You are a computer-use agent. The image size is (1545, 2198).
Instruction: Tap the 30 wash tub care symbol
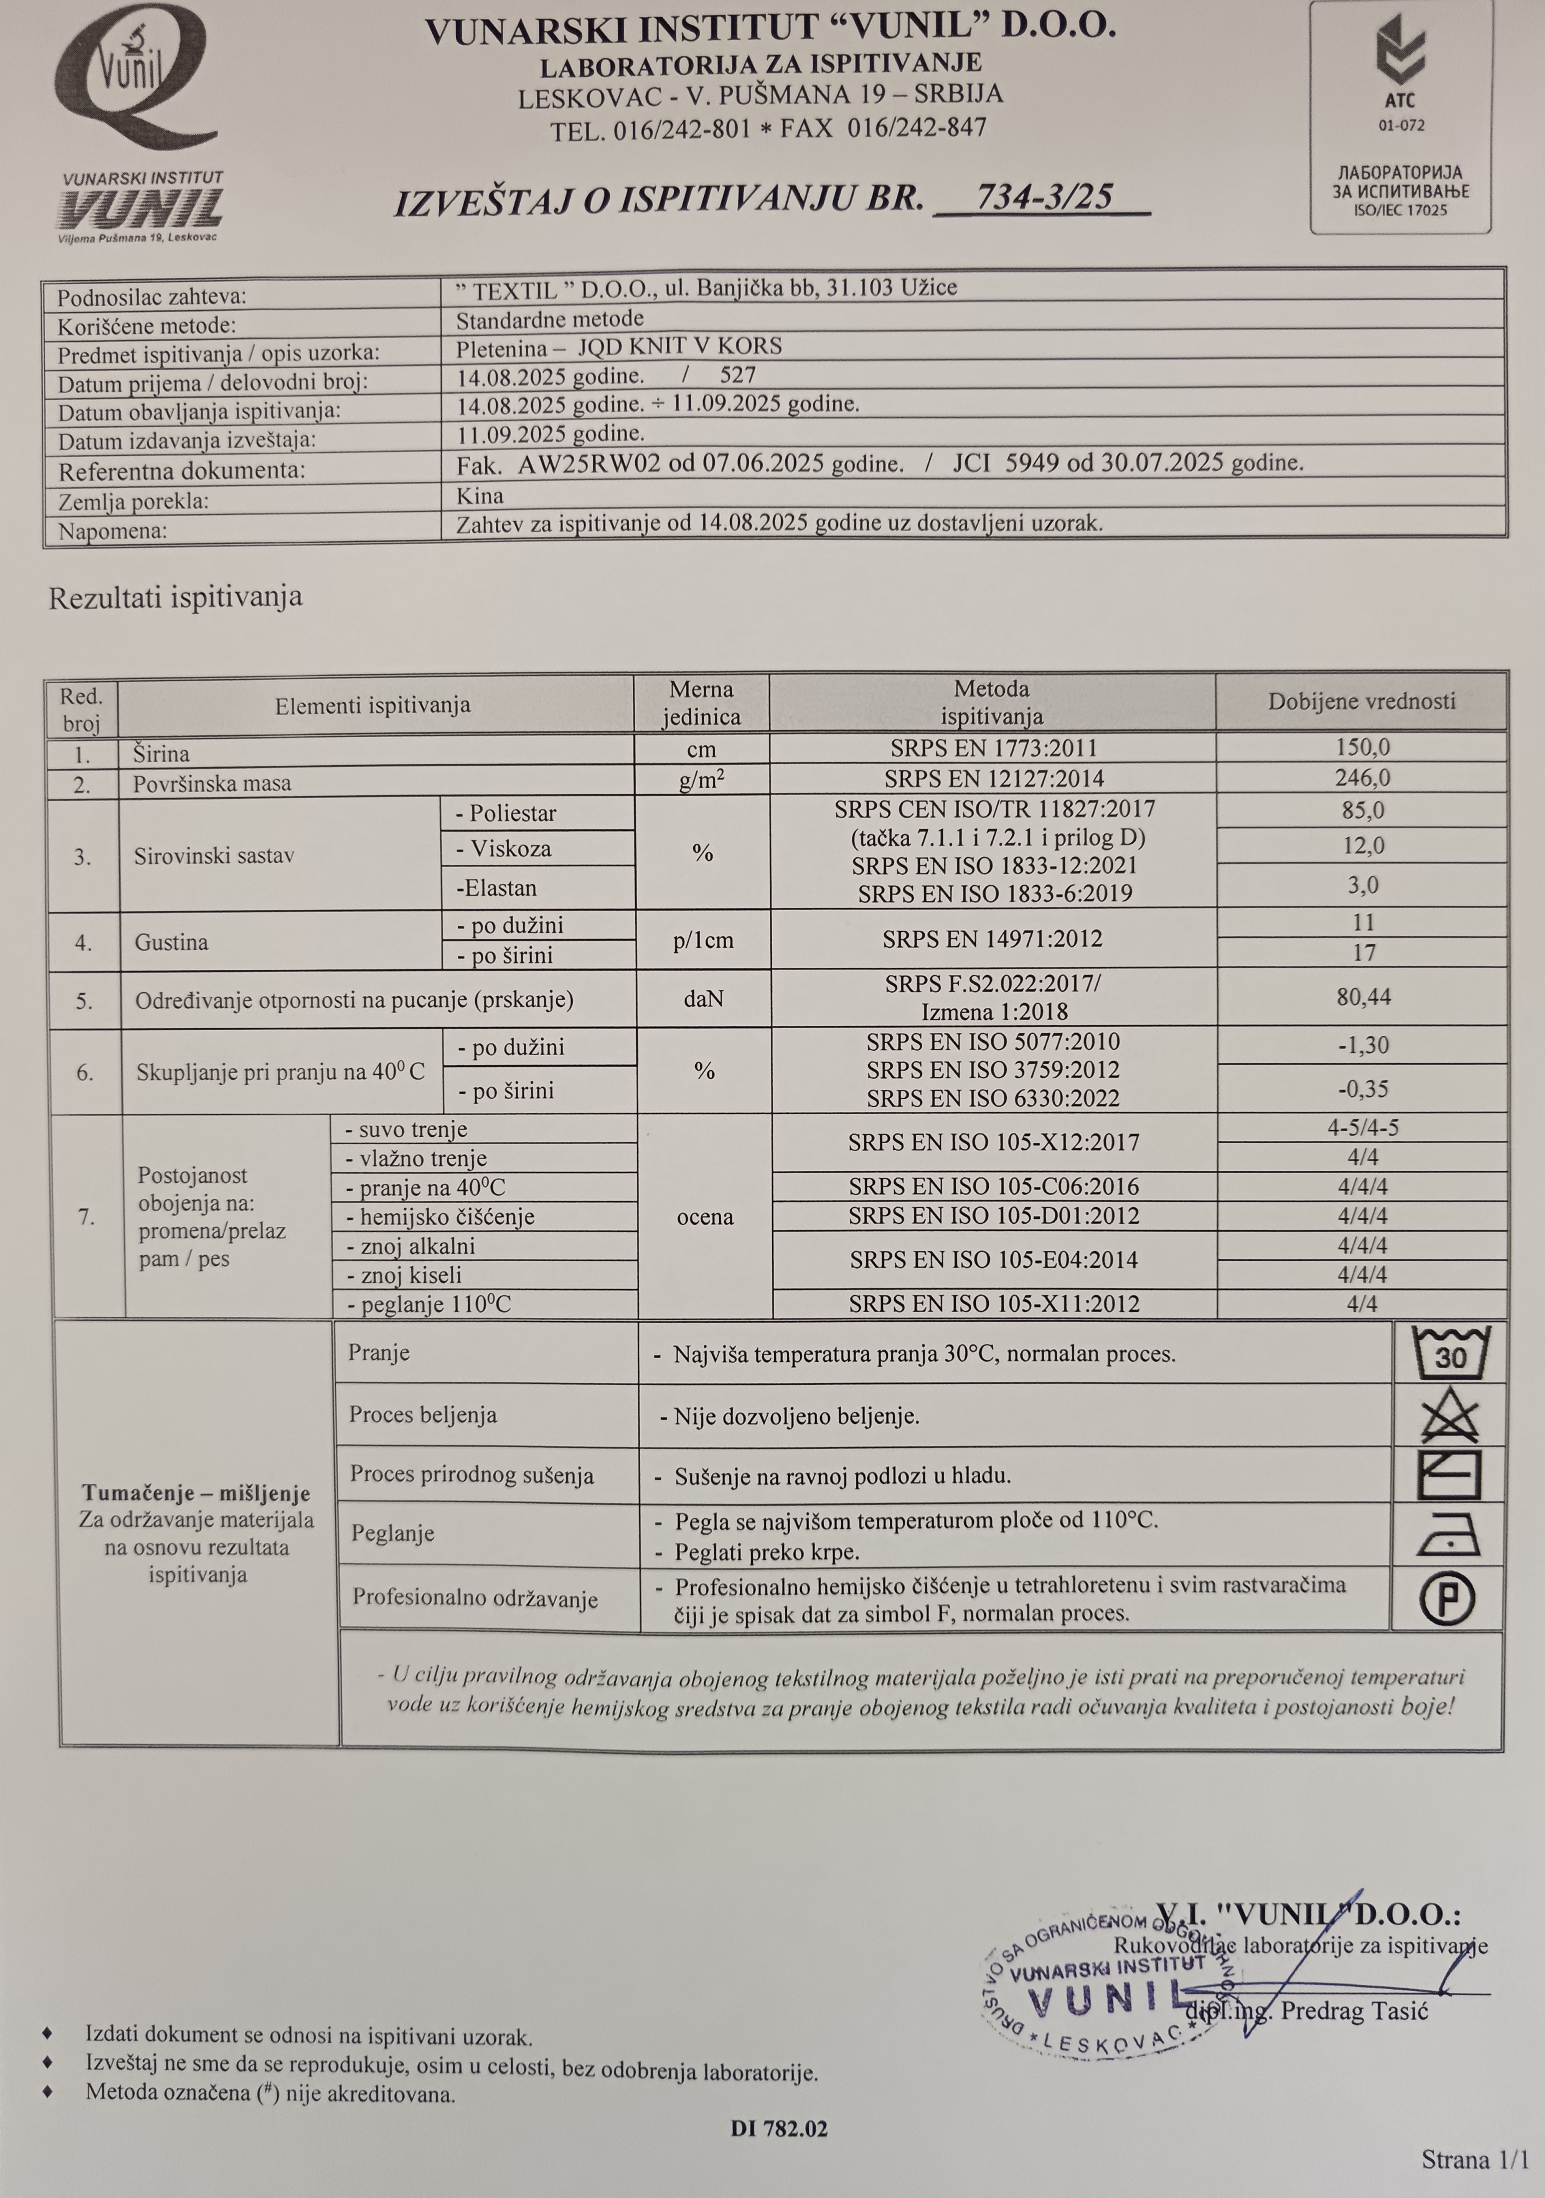coord(1449,1353)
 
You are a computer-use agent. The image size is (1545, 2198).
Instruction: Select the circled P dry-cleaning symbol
coord(1446,1599)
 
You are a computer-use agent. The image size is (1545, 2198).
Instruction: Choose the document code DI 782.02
coord(778,2129)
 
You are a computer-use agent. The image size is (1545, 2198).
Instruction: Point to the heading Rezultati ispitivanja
coord(175,597)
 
